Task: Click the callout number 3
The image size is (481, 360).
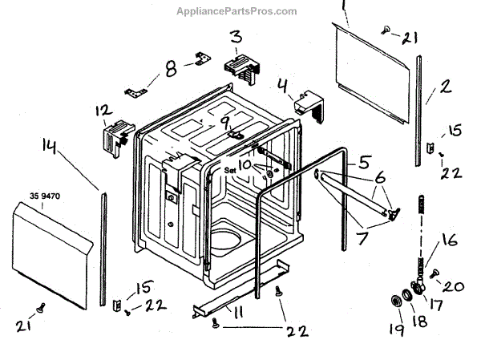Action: [236, 37]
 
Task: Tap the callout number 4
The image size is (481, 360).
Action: [282, 85]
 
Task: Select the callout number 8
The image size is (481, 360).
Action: [169, 69]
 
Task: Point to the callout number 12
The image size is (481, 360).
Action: [102, 110]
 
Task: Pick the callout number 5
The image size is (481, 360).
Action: [365, 161]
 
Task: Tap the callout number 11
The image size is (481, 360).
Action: [237, 313]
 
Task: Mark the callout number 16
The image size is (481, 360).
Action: [450, 239]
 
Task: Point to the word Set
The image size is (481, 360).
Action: [230, 170]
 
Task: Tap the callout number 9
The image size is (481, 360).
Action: [226, 123]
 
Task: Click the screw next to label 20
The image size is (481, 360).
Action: [435, 274]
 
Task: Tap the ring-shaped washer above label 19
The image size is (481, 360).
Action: [395, 301]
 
